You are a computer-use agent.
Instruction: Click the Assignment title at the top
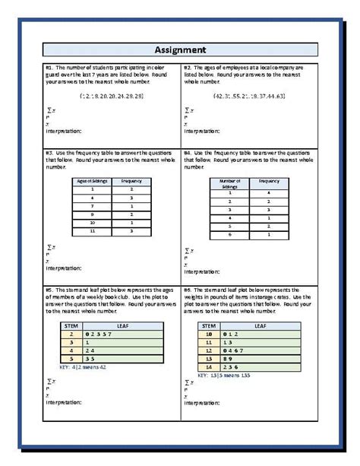tap(180, 51)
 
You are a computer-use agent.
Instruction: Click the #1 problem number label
tap(51, 67)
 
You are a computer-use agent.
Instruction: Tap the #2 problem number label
tap(188, 67)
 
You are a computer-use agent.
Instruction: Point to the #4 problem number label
tap(188, 152)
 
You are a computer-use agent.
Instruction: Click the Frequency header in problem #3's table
tap(131, 181)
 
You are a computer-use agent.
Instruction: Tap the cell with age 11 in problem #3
tap(91, 230)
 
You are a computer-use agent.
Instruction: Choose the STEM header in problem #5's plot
tap(70, 325)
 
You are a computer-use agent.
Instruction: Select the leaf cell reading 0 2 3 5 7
tap(94, 333)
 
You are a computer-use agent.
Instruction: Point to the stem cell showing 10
tap(207, 333)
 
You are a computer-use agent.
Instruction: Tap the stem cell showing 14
tap(207, 366)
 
